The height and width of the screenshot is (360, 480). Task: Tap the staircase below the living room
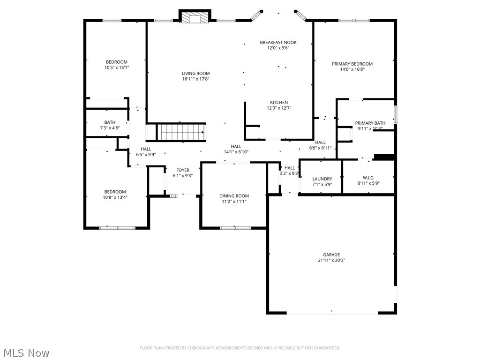click(181, 132)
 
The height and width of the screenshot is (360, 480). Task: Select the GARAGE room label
click(331, 255)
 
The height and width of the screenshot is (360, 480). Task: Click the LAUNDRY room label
click(322, 179)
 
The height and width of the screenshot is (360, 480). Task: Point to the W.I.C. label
click(368, 177)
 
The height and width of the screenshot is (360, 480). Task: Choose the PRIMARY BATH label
click(370, 123)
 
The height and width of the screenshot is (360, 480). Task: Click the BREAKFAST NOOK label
click(278, 43)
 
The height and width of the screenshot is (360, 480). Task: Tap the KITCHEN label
click(278, 103)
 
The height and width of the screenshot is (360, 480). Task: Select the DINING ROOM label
click(234, 196)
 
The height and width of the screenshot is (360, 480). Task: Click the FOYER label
click(183, 170)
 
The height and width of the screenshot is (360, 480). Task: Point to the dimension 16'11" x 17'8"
click(196, 79)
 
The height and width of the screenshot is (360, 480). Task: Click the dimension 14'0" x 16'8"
click(352, 70)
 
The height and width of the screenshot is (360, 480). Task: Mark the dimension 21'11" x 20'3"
click(331, 261)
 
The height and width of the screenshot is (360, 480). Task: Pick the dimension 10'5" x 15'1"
click(116, 68)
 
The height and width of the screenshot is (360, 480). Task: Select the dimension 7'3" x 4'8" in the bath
click(110, 128)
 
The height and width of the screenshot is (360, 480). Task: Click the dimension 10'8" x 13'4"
click(115, 197)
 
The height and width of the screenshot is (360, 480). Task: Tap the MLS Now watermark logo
click(26, 352)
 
